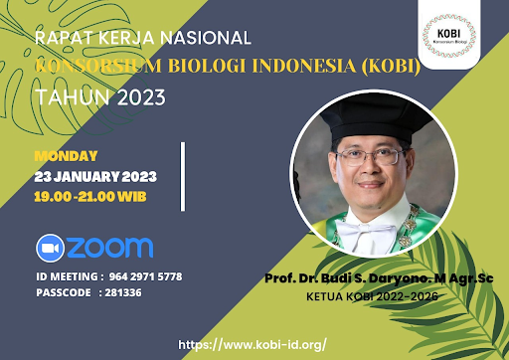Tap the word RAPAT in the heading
(x=61, y=40)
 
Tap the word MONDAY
(x=66, y=155)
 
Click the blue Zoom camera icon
(x=51, y=247)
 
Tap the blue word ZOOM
(x=111, y=247)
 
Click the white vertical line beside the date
(x=183, y=176)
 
